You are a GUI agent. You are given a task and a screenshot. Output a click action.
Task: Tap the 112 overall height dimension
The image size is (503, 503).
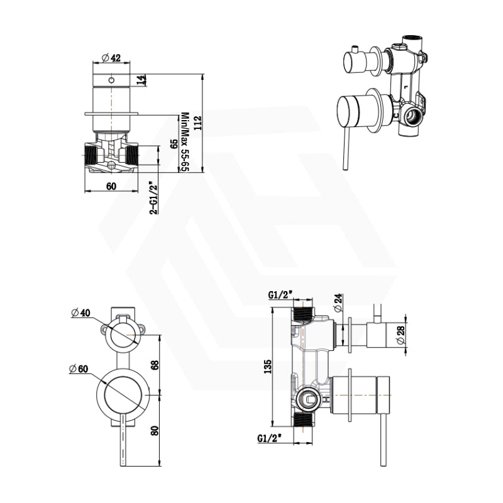click(x=199, y=124)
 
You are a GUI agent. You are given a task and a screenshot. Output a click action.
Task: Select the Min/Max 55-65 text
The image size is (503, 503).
click(x=185, y=143)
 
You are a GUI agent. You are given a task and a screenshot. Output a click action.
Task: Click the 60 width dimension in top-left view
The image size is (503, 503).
click(x=111, y=185)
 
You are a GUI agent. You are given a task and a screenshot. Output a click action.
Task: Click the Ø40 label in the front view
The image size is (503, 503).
click(x=82, y=312)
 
